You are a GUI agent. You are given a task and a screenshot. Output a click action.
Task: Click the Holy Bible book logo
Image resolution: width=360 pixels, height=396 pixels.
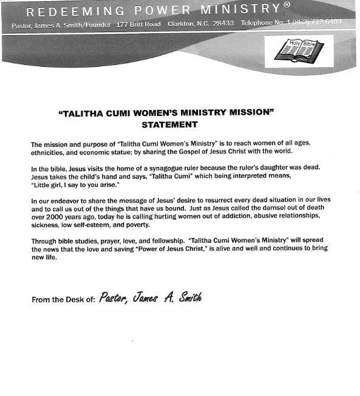(x=299, y=50)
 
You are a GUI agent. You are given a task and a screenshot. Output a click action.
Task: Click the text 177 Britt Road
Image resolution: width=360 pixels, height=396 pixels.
(x=138, y=23)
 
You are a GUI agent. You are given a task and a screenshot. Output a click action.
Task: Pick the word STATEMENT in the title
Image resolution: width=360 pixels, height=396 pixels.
(x=169, y=125)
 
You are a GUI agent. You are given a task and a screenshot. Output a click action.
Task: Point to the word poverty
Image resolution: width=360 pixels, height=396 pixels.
(x=155, y=224)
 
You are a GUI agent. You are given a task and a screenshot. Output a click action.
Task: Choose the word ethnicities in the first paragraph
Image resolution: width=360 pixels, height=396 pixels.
(x=48, y=152)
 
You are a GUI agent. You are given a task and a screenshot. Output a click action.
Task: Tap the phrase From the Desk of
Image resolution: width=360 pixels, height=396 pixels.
(x=63, y=299)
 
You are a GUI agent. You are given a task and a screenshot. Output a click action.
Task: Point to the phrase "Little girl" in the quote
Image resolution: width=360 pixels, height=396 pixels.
(x=49, y=183)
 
